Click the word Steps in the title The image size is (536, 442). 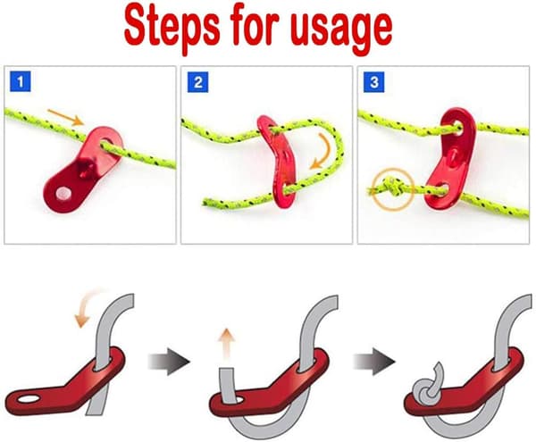tap(172, 28)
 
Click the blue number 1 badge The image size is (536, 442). tap(21, 81)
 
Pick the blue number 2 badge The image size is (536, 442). tap(197, 82)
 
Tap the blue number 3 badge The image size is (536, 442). tap(374, 82)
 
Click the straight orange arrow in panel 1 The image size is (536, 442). tap(65, 117)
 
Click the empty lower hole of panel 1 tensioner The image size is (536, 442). tap(64, 193)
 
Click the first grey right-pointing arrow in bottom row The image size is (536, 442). tap(168, 362)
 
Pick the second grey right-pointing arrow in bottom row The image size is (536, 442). tap(373, 362)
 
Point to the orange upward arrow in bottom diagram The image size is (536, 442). tap(226, 343)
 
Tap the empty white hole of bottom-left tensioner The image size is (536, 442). tap(29, 398)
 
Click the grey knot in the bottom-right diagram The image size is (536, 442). tap(427, 385)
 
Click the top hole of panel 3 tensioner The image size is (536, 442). tap(456, 129)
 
